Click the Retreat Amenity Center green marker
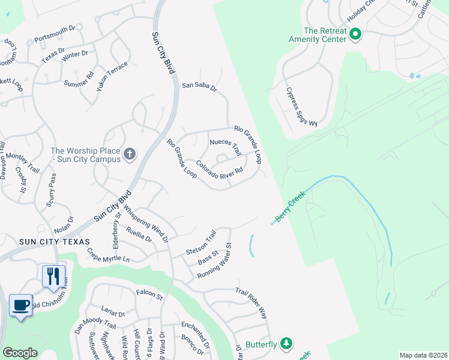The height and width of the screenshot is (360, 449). pyautogui.click(x=355, y=34)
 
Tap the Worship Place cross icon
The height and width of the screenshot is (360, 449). pyautogui.click(x=129, y=155)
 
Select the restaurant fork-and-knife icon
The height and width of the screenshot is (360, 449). pyautogui.click(x=53, y=276)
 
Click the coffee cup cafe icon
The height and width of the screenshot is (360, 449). pyautogui.click(x=21, y=305)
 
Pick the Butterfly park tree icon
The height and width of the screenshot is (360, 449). pyautogui.click(x=287, y=343)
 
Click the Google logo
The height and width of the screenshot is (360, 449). pyautogui.click(x=20, y=353)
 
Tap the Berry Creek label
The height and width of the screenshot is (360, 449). pyautogui.click(x=291, y=206)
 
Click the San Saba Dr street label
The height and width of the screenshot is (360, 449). pyautogui.click(x=199, y=87)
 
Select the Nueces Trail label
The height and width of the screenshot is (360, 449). pyautogui.click(x=225, y=147)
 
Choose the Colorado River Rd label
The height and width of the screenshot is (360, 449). pyautogui.click(x=219, y=170)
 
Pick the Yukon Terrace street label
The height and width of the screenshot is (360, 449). pyautogui.click(x=112, y=75)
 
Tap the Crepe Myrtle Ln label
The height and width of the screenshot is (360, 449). pyautogui.click(x=108, y=255)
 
